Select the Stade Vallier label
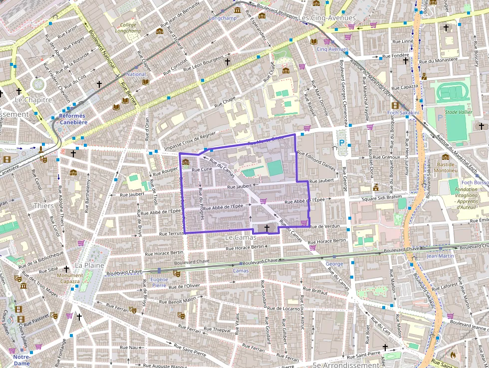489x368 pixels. point(458,112)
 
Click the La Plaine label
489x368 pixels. point(85,265)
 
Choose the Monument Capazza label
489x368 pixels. point(70,278)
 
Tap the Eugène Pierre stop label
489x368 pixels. point(159,282)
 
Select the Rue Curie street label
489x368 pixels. point(202,170)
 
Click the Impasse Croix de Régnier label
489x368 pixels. point(190,141)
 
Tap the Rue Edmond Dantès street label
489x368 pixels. point(316,159)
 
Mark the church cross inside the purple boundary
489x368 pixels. point(267,228)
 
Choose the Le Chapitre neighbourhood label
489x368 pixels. point(33,100)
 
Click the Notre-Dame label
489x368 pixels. point(21,360)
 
